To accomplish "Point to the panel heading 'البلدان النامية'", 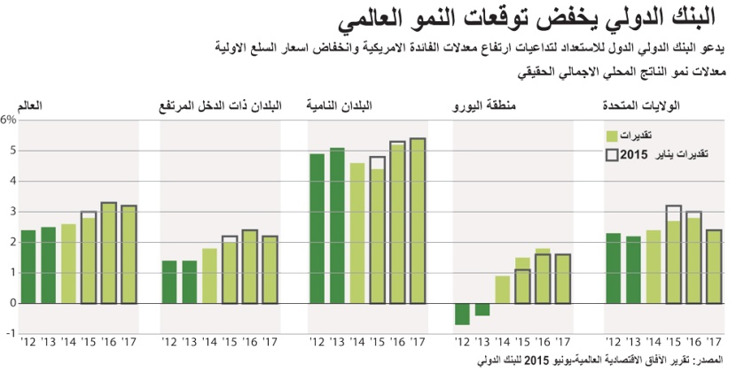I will (340, 106).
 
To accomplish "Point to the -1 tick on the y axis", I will (11, 333).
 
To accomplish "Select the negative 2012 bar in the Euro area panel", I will (462, 314).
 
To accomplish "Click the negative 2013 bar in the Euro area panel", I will (482, 308).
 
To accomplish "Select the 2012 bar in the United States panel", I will (613, 268).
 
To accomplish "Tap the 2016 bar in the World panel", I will (108, 253).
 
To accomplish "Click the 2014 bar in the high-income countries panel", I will (210, 275).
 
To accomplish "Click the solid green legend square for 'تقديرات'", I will (612, 136).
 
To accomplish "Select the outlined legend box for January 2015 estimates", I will (612, 154).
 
